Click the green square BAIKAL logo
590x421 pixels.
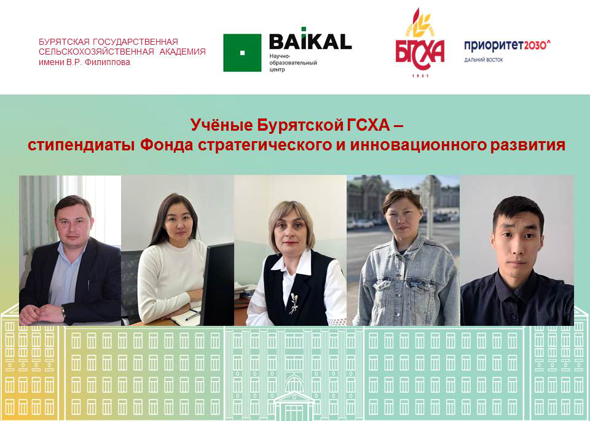(x=242, y=53)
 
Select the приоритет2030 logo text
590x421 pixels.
(x=507, y=45)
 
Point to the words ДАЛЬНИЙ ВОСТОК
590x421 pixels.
(x=483, y=60)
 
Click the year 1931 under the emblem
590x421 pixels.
(x=420, y=76)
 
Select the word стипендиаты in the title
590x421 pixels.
(x=81, y=145)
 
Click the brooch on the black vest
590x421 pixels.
(x=293, y=303)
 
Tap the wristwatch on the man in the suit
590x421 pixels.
(x=63, y=312)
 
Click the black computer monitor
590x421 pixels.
(x=218, y=284)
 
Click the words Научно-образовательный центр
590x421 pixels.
(x=293, y=63)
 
